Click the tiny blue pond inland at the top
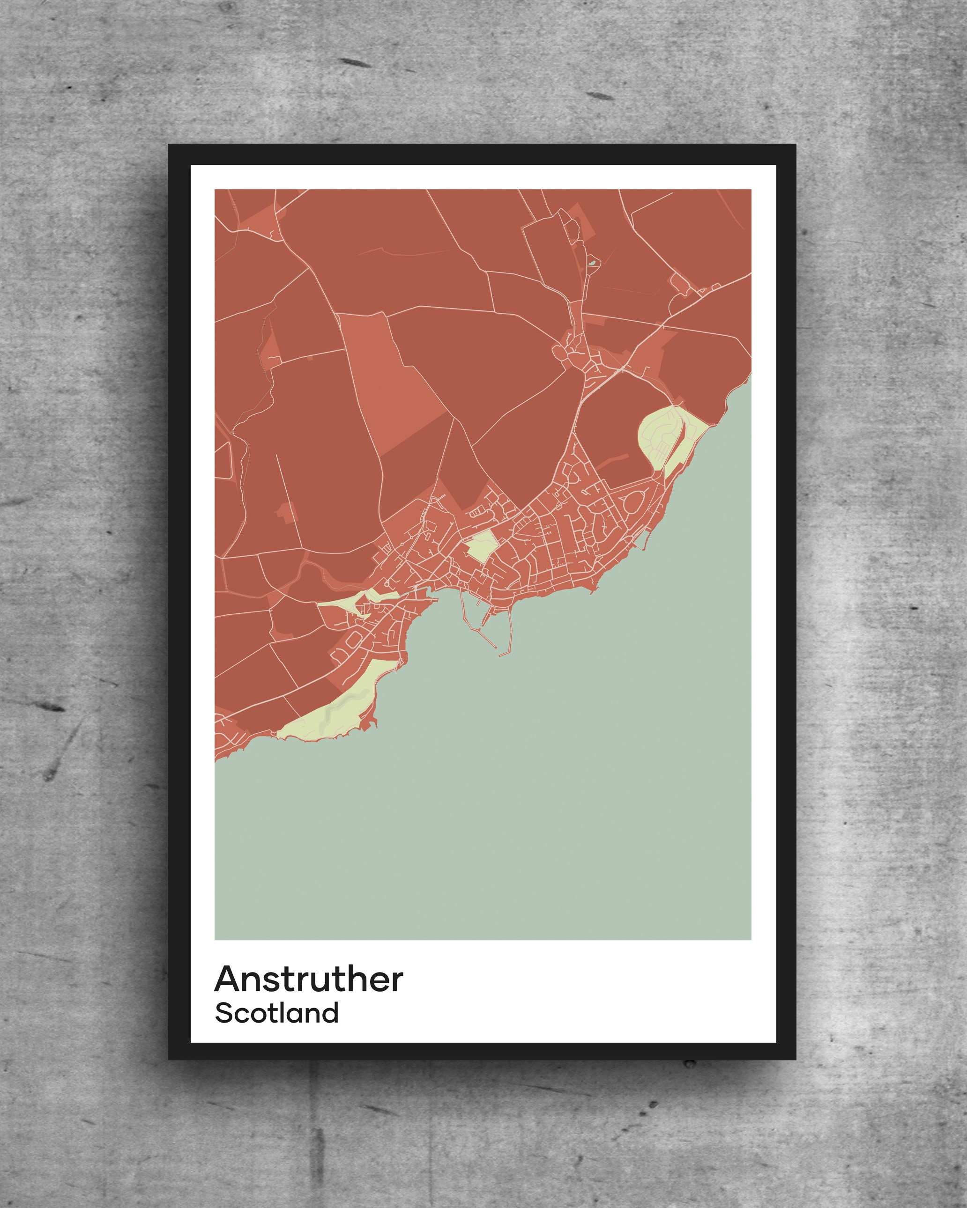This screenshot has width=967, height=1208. tap(593, 262)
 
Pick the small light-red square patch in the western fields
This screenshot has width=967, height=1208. tap(285, 510)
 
